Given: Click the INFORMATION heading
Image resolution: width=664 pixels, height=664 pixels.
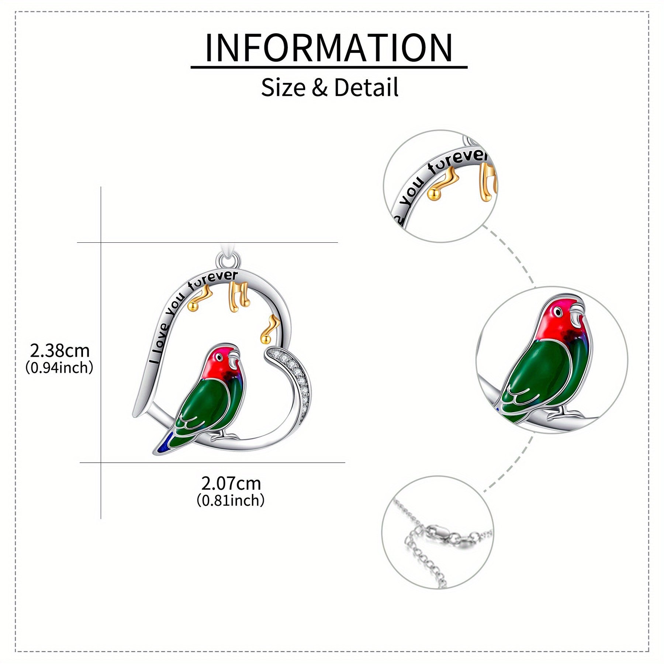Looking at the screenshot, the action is [329, 48].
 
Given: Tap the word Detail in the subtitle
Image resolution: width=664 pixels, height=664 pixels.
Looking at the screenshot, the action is [366, 88].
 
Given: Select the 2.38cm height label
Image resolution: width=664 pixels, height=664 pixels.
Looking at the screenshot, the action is [60, 350].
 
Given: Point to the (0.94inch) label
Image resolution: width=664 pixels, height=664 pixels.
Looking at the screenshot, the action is [59, 368].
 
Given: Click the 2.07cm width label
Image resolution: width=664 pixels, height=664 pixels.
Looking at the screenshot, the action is [231, 483].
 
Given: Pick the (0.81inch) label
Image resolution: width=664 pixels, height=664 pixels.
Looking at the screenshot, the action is [231, 501].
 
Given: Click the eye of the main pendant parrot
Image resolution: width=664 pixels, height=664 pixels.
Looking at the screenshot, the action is [219, 357].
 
